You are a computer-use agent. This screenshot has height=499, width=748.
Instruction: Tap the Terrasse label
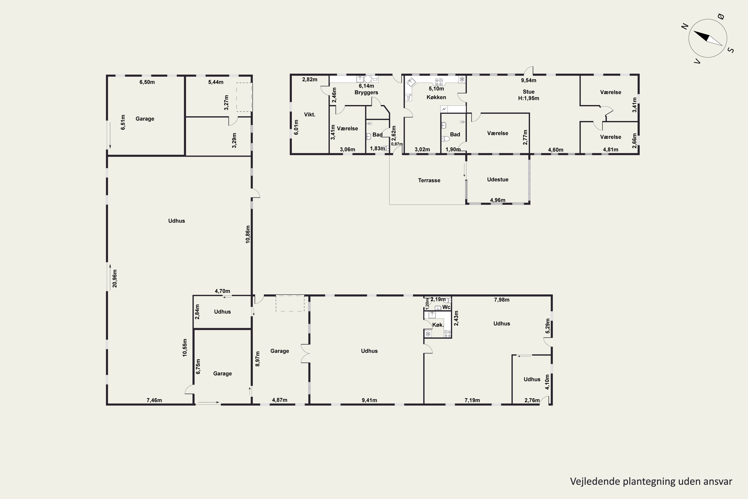pos(429,180)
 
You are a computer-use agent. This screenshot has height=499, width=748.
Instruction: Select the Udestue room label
pos(498,179)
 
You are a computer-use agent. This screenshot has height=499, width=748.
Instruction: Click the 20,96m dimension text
pos(115,278)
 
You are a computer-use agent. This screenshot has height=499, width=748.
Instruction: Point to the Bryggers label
pos(366,92)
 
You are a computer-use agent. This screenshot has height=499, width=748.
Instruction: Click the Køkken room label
pos(436,97)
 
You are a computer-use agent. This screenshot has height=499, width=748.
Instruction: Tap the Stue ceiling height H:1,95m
pos(529,98)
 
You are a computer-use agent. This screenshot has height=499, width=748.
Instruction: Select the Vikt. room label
pos(310,115)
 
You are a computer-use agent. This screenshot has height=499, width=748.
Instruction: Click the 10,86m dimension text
pos(248,235)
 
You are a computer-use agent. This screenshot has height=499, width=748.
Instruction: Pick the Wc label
pos(447,307)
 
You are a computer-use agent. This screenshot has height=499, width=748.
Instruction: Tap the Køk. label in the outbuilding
pos(438,325)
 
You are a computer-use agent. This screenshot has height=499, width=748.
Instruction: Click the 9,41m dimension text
pos(369,400)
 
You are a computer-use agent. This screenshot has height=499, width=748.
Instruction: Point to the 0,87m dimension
pos(397,144)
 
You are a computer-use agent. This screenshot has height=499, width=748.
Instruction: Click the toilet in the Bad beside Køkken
pos(445,139)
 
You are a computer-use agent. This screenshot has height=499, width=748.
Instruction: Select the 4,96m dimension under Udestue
pos(498,200)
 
